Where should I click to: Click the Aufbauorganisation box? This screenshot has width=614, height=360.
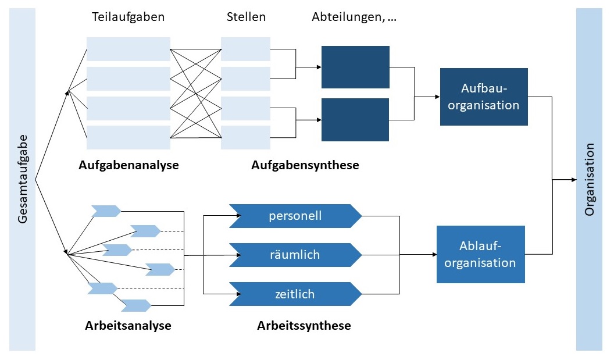(484, 97)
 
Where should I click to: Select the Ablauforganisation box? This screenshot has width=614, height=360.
(480, 255)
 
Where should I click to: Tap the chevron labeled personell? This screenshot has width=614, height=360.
(295, 216)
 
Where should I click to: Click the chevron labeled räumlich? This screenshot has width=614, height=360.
(295, 255)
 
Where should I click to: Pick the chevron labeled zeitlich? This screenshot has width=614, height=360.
(295, 294)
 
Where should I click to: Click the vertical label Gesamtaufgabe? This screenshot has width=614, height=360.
(23, 180)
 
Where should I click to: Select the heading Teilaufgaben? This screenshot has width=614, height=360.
(128, 17)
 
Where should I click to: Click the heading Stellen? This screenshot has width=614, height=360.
(246, 17)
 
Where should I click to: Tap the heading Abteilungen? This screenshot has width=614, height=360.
(354, 17)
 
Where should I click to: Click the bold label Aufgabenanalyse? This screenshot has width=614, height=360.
(128, 165)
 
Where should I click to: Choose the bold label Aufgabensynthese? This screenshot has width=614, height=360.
(305, 165)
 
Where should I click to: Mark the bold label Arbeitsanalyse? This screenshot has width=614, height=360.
(128, 326)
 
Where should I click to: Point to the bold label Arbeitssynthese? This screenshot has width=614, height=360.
(304, 326)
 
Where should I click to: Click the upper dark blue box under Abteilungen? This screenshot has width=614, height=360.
(355, 67)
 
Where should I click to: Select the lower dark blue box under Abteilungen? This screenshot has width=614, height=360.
(355, 120)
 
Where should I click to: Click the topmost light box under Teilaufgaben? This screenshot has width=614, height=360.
(128, 49)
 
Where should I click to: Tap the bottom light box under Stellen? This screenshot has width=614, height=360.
(245, 137)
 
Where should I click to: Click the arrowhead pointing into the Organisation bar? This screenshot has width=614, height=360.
(572, 180)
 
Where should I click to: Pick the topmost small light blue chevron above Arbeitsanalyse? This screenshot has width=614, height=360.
(106, 211)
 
